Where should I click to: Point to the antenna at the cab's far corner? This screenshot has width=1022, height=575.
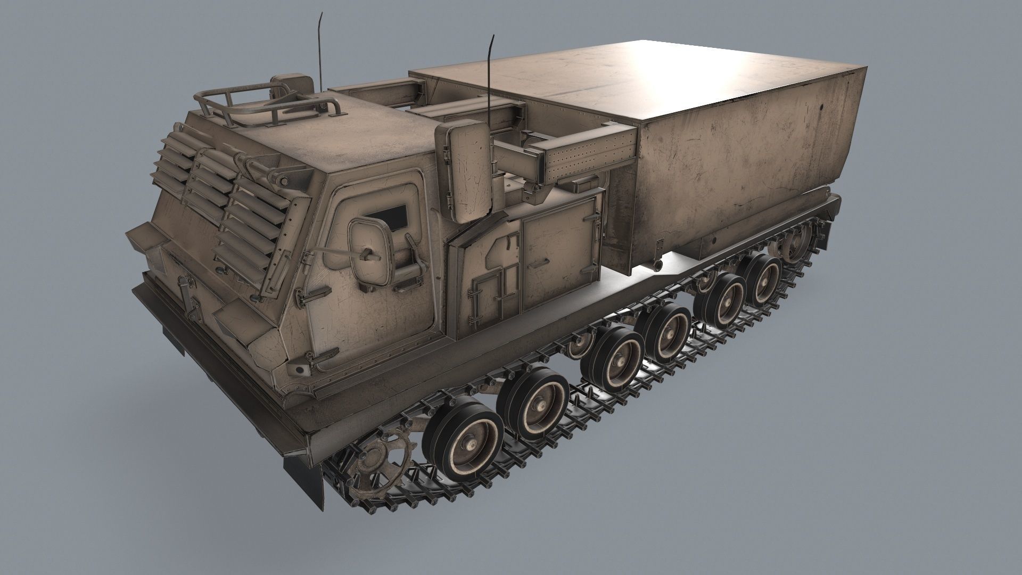[321, 51]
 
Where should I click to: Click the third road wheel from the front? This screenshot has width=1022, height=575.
[617, 355]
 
